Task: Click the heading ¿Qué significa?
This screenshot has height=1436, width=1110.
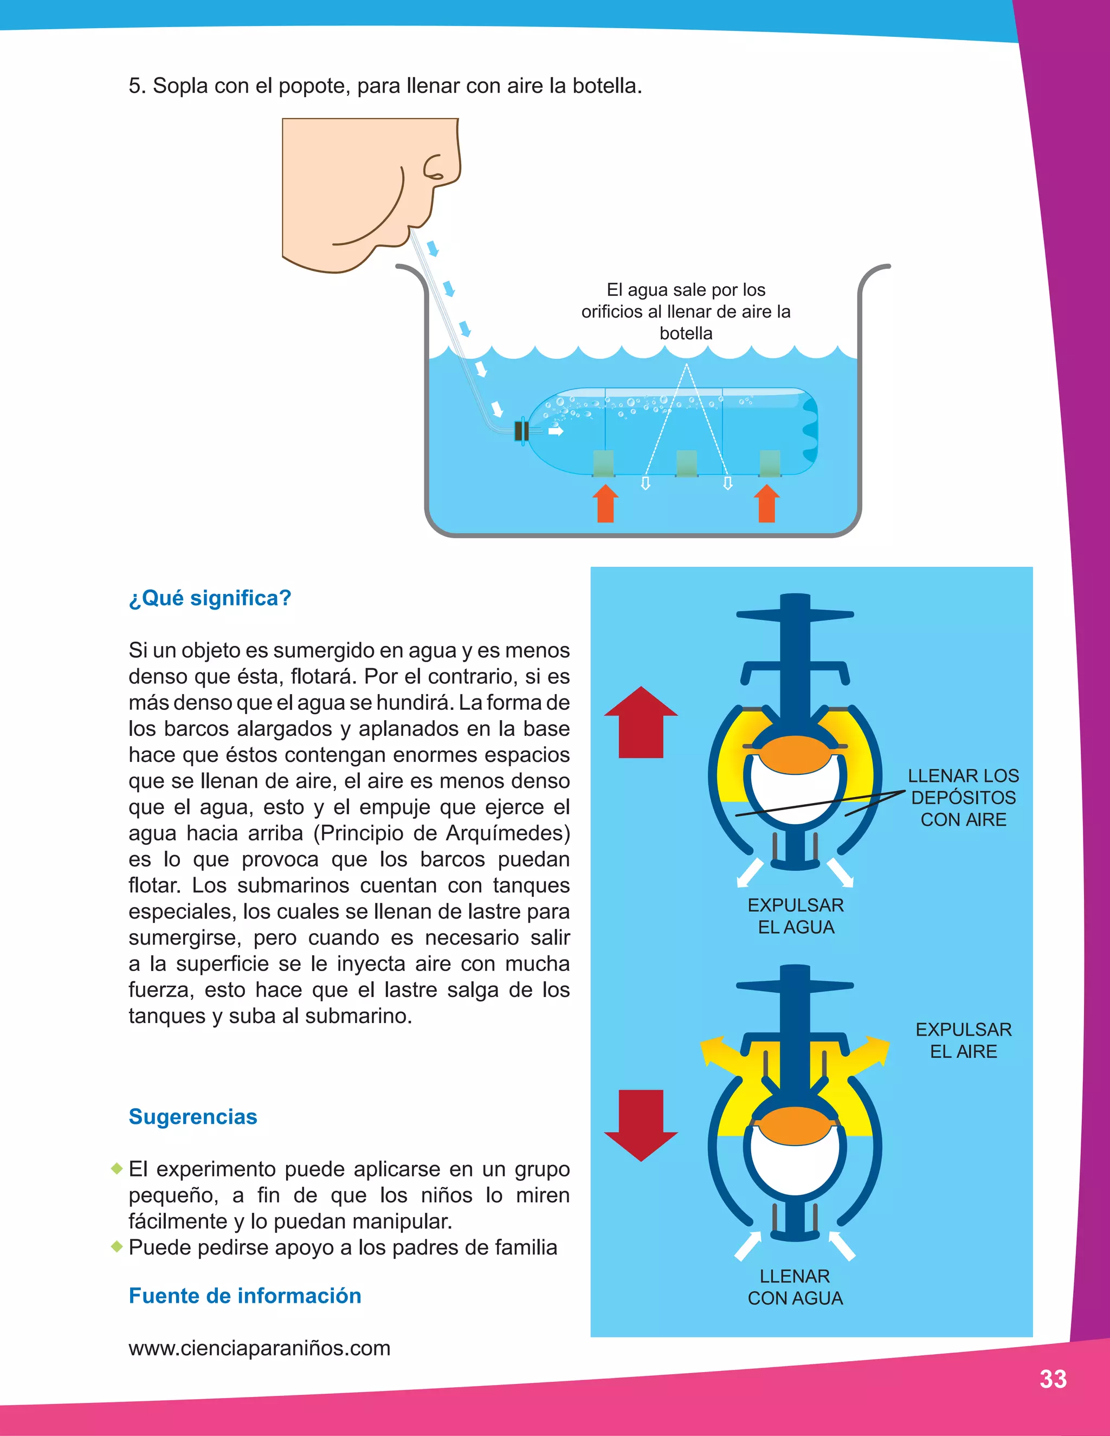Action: pyautogui.click(x=210, y=598)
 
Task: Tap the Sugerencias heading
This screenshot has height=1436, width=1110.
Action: pyautogui.click(x=192, y=1116)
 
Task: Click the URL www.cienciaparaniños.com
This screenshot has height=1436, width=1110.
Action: pyautogui.click(x=259, y=1348)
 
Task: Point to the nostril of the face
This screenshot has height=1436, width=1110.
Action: pyautogui.click(x=434, y=170)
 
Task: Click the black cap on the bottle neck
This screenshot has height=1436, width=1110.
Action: pyautogui.click(x=521, y=431)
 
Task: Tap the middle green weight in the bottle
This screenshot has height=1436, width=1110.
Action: pyautogui.click(x=687, y=463)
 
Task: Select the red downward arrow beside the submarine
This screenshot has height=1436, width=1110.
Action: pyautogui.click(x=641, y=1124)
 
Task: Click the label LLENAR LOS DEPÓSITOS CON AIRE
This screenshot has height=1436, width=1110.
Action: pyautogui.click(x=963, y=798)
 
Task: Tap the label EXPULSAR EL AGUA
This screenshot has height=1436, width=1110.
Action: pyautogui.click(x=796, y=916)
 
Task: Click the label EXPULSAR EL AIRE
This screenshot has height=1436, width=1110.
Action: pyautogui.click(x=963, y=1040)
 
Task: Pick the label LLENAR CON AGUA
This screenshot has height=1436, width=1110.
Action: pyautogui.click(x=795, y=1287)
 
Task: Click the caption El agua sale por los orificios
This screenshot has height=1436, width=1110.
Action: pyautogui.click(x=686, y=311)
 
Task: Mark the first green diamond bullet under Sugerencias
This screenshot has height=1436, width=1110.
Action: pyautogui.click(x=117, y=1168)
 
